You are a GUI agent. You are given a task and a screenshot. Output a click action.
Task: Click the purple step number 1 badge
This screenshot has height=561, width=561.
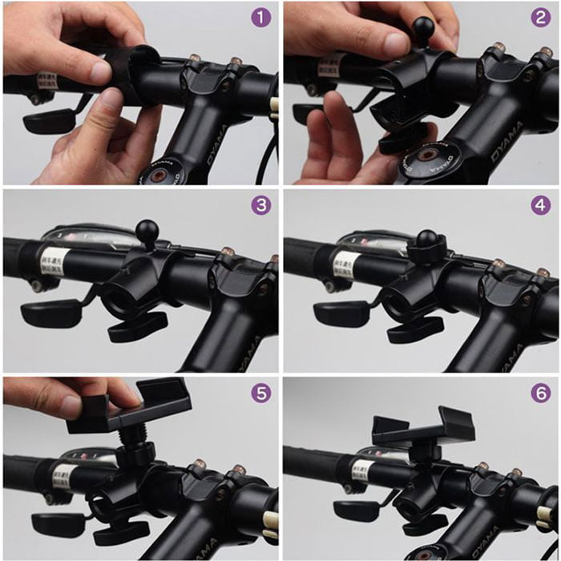(x=260, y=18)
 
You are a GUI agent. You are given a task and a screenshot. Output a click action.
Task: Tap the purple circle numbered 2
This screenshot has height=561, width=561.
(x=540, y=18)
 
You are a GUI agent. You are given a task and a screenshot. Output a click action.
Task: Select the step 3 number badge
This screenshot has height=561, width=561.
(x=260, y=205)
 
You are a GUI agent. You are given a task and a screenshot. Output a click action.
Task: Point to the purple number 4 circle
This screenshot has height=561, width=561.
(x=540, y=205)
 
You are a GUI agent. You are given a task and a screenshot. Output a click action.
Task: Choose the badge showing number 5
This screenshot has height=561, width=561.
(x=260, y=393)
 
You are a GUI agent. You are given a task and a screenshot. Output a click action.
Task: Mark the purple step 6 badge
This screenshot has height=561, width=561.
(x=540, y=393)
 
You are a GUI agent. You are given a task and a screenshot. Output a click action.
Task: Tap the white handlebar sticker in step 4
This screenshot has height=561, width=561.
(x=345, y=263)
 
